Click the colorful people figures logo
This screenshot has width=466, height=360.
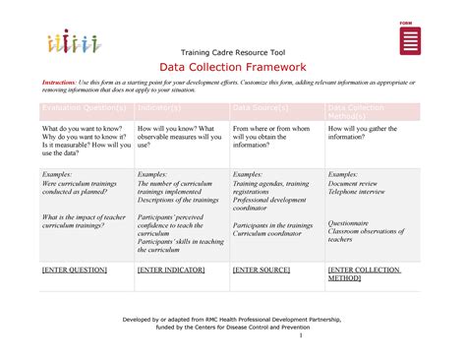(70, 43)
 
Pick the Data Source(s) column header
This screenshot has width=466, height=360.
(261, 107)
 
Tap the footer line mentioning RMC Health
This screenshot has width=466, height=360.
(231, 321)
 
